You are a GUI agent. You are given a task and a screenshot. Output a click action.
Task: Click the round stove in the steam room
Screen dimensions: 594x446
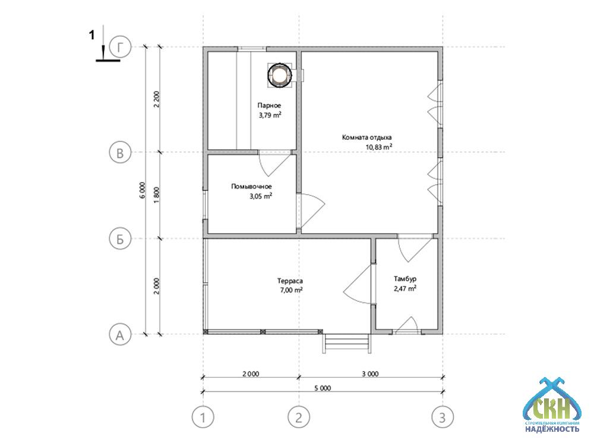(x=280, y=75)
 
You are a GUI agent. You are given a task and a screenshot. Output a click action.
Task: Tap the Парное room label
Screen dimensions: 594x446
(x=269, y=105)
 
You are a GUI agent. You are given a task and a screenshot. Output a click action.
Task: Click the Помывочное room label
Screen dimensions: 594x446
(x=251, y=186)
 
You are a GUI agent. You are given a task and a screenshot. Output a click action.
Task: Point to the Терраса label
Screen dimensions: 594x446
(x=290, y=281)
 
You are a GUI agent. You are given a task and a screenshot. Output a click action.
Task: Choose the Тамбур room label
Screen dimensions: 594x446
(x=405, y=279)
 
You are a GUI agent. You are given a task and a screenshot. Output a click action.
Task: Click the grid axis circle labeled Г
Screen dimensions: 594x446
(x=120, y=48)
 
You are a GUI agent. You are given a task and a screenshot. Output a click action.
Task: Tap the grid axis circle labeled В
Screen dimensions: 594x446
(x=120, y=153)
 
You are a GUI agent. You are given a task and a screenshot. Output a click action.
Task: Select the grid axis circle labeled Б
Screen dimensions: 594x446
(x=120, y=239)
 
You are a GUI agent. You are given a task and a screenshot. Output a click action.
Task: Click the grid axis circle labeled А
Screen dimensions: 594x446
(x=120, y=335)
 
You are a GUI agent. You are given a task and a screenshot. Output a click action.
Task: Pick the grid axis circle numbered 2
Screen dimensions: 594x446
(x=299, y=417)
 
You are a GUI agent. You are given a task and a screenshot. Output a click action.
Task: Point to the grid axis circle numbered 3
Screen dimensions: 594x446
(x=443, y=417)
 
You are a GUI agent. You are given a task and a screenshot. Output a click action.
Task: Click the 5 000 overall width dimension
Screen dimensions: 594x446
(x=323, y=388)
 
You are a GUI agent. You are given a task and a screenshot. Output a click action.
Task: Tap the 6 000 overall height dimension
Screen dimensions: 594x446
(x=143, y=190)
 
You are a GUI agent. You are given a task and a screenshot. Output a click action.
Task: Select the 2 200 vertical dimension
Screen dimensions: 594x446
(x=157, y=99)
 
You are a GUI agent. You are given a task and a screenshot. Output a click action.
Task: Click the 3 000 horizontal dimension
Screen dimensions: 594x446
(x=370, y=374)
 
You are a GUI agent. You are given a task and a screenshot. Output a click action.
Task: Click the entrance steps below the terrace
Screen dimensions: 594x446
(x=347, y=343)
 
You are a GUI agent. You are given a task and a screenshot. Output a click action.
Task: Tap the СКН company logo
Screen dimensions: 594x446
(x=551, y=405)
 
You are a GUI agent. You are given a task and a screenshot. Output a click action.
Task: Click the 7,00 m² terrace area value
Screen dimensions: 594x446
(x=291, y=291)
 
